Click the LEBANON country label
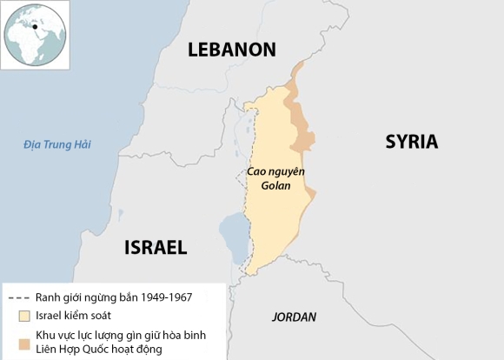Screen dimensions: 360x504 tap(232, 50)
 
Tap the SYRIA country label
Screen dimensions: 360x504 tap(411, 142)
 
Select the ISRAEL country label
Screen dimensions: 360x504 tap(156, 247)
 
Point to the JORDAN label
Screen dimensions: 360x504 tap(294, 317)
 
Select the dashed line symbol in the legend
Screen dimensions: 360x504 tap(18, 297)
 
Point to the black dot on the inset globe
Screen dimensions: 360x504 tap(36, 26)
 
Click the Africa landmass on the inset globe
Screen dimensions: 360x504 tap(29, 43)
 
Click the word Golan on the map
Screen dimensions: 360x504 tap(274, 185)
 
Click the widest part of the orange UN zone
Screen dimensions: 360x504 tap(303, 139)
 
